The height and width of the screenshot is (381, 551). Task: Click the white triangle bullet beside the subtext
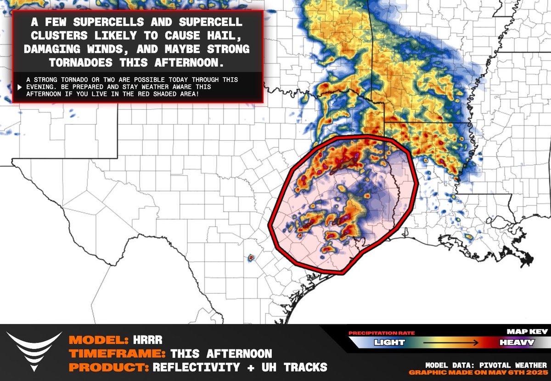coord(20,87)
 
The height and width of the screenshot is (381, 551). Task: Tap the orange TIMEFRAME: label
coord(117,354)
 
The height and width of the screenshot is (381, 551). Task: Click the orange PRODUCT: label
coord(108,367)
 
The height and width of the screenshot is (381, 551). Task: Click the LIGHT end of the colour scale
coord(389,342)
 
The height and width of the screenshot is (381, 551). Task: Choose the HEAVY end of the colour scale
coord(517,342)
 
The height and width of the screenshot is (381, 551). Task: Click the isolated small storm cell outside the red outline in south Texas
coord(251,258)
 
